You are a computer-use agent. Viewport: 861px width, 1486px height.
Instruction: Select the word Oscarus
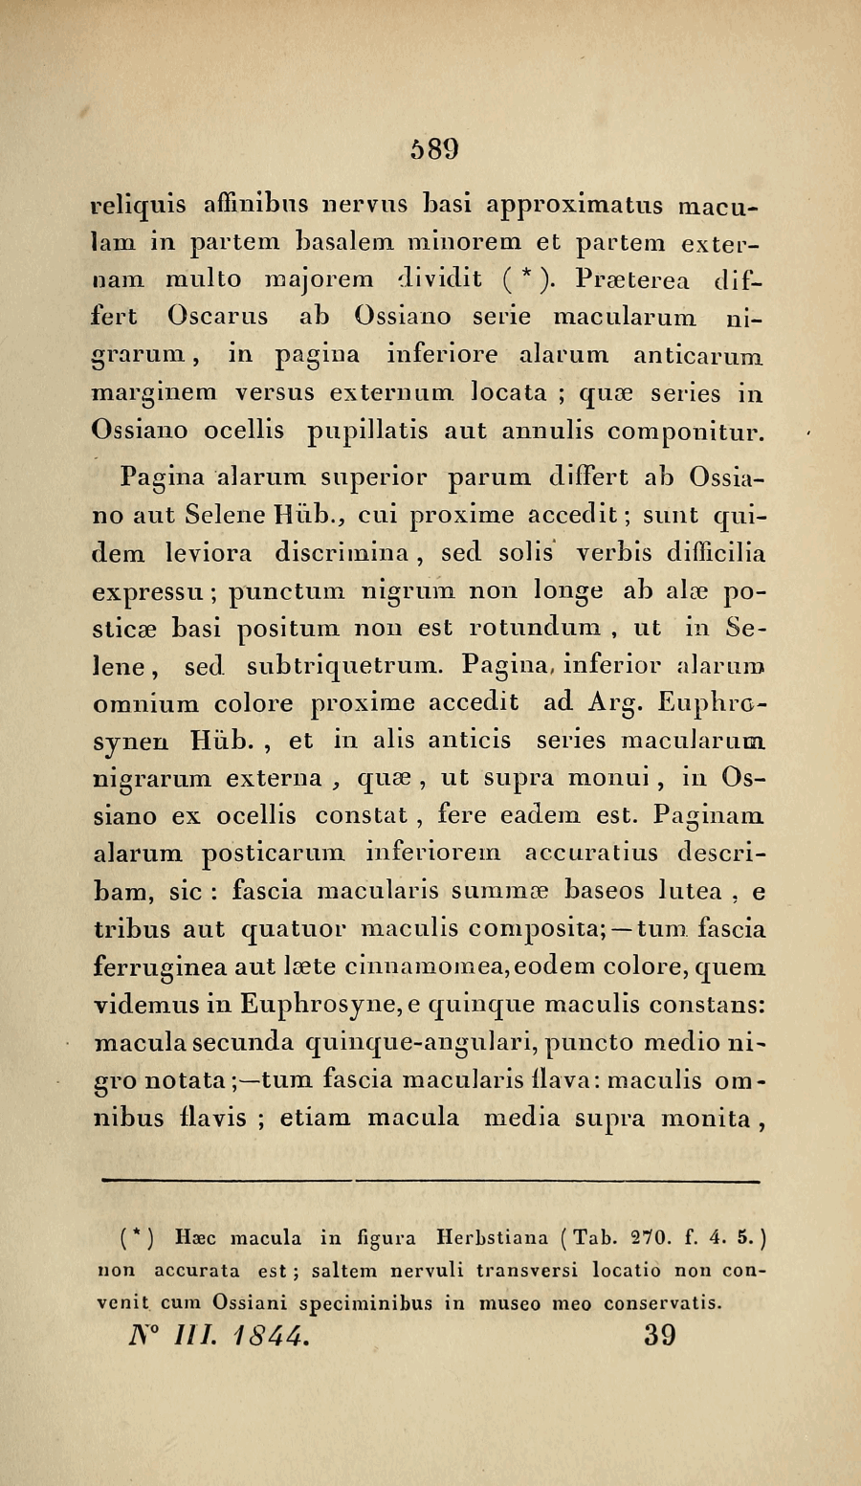(218, 315)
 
